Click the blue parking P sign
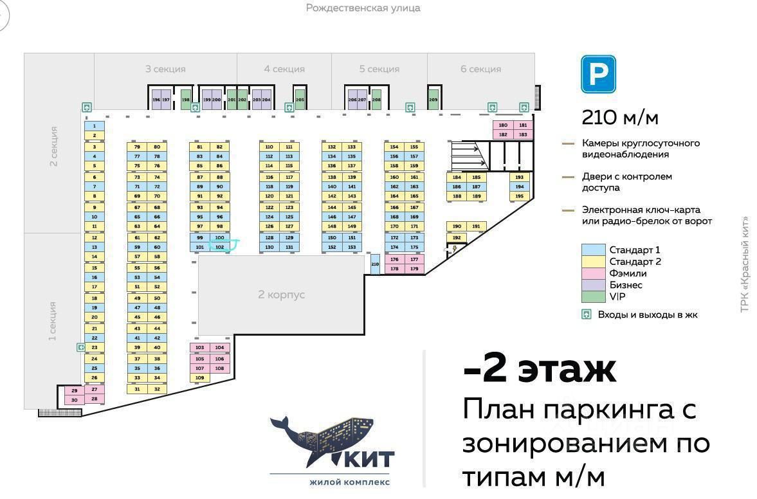[598, 74]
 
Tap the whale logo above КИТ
[322, 437]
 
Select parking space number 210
[375, 264]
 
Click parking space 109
[199, 378]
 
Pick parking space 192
[457, 237]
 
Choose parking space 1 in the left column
[95, 126]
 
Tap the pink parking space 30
[74, 400]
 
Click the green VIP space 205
[300, 100]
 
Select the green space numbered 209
[433, 100]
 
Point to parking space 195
[520, 196]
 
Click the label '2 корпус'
[281, 295]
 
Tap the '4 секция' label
[284, 69]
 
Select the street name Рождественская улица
[363, 8]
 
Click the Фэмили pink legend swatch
[593, 273]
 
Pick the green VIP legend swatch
[593, 296]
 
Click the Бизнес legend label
[626, 285]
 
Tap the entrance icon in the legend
[586, 314]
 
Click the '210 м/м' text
[620, 118]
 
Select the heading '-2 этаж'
[540, 369]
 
